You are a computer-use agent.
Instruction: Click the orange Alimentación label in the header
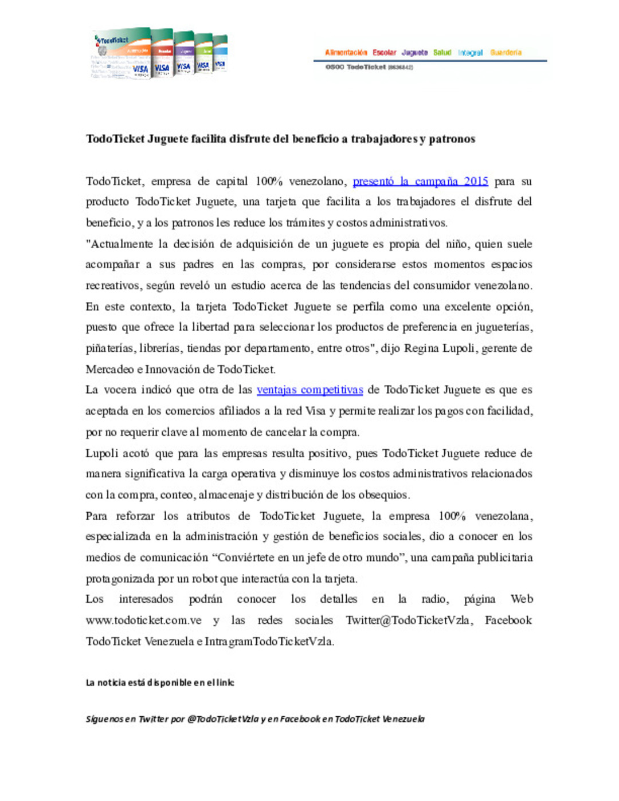click(x=346, y=53)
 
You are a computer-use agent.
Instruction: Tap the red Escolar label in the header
click(x=384, y=53)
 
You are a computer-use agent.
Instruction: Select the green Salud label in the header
click(x=442, y=53)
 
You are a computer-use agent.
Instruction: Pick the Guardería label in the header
click(x=506, y=53)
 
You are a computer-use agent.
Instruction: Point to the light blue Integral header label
click(x=470, y=53)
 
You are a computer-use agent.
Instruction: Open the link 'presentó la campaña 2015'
click(x=420, y=182)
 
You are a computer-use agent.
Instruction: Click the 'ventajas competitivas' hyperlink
click(x=309, y=390)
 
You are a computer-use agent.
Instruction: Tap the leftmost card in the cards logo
click(x=122, y=54)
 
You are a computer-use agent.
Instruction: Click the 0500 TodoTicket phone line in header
click(x=369, y=67)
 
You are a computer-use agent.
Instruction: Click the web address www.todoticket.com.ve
click(x=143, y=621)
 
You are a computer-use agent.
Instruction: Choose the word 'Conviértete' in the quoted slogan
click(x=245, y=557)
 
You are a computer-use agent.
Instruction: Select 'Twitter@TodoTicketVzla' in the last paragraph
click(x=409, y=621)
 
